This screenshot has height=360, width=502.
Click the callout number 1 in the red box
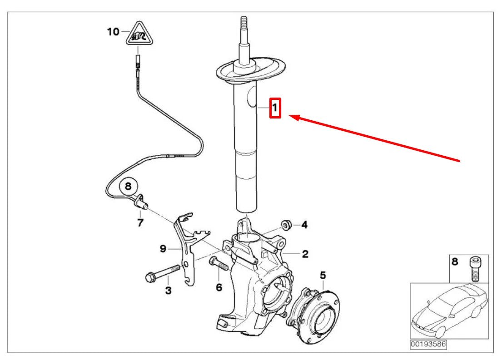coord(275,108)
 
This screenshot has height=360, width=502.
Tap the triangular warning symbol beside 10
coord(139,35)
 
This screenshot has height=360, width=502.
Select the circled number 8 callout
coord(128,186)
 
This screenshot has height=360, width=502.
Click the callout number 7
coord(140,222)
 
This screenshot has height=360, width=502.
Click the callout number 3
coord(168,290)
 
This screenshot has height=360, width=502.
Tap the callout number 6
coord(219,287)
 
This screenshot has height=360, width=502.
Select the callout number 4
coord(304,224)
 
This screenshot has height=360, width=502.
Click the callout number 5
coord(323,275)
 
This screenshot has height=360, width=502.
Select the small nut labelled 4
coord(286,224)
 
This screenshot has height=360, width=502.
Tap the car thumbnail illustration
coord(449,311)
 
